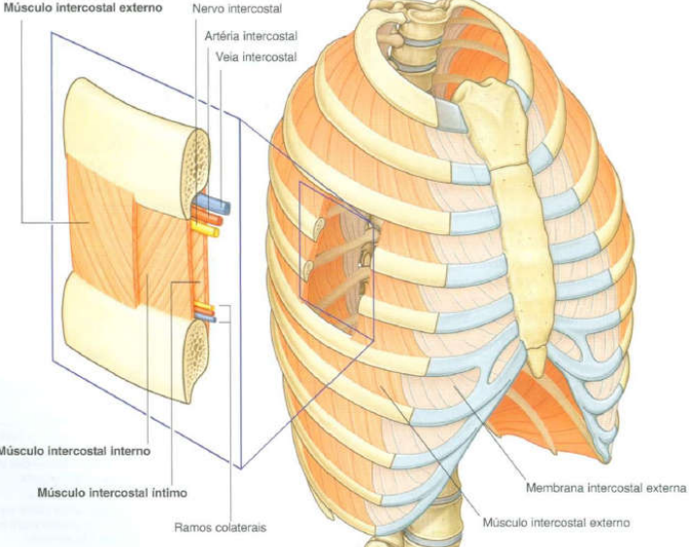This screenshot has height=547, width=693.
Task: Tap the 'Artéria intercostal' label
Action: (251, 36)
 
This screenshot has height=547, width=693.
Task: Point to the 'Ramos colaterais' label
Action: (220, 529)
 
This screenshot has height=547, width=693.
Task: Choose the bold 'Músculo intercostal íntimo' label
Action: (112, 494)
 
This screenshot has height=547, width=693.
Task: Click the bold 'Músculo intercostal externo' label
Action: (80, 8)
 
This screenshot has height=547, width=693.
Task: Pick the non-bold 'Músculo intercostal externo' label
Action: (556, 523)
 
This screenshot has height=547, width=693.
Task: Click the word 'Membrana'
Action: (551, 488)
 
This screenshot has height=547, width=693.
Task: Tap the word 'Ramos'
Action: (192, 529)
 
